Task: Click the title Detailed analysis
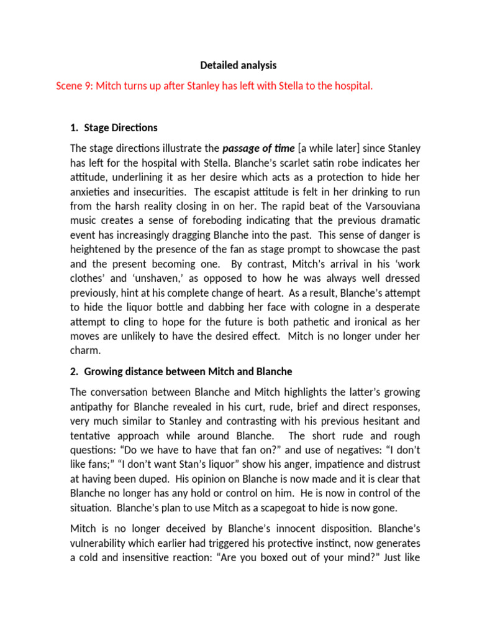pyautogui.click(x=238, y=65)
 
